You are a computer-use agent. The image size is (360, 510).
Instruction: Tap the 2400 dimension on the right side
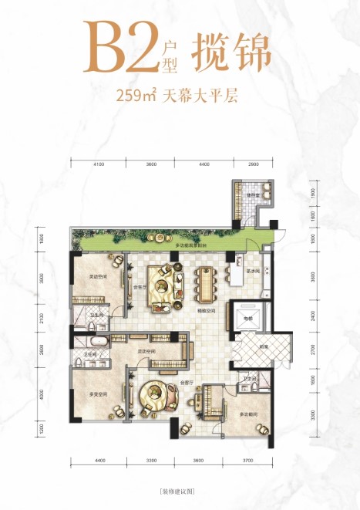coord(312,315)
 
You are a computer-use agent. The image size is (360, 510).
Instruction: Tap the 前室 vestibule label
coord(264,346)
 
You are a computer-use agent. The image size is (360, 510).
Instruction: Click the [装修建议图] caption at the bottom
coord(179,491)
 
